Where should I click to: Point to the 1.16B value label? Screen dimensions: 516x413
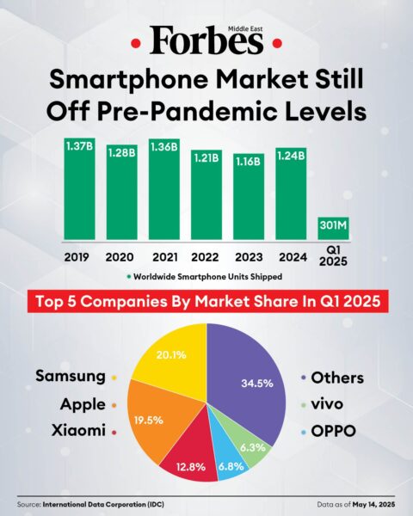(249, 162)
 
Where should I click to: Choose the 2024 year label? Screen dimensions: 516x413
(291, 256)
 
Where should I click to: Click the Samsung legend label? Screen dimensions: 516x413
(71, 377)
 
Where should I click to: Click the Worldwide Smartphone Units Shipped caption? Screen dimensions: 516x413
(212, 276)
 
